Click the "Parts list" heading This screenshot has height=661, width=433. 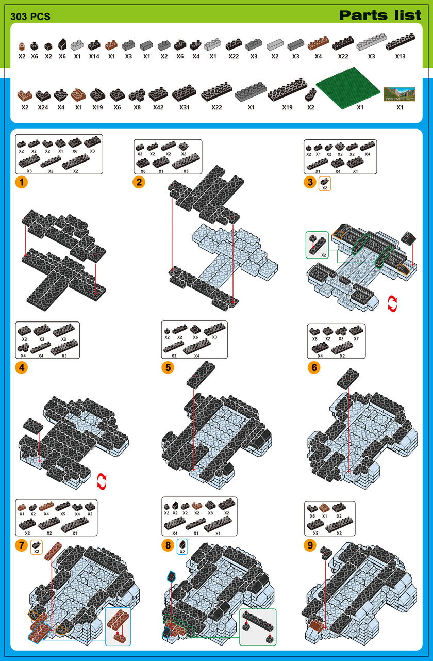point(380,15)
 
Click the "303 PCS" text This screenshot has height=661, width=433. point(30,17)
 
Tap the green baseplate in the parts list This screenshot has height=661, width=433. point(348,88)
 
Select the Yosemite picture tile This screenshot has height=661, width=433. point(399,94)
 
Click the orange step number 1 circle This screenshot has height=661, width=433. point(21,182)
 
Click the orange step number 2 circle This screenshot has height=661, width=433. point(139,182)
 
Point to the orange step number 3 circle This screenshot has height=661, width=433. point(310,182)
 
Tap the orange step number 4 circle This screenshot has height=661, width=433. point(21,368)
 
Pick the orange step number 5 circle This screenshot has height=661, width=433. point(168,368)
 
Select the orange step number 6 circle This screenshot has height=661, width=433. point(313,368)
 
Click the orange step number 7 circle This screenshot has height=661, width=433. point(21,545)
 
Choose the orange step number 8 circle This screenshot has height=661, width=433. point(168,545)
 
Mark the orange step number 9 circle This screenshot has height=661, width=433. point(310,545)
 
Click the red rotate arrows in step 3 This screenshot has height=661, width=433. point(392,303)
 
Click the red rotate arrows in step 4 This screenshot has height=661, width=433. point(102,481)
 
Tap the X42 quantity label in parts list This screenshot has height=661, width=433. point(158,107)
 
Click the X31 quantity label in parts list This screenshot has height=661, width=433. point(184,107)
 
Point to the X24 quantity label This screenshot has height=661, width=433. point(43,107)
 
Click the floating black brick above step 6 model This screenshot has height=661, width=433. point(348,379)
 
